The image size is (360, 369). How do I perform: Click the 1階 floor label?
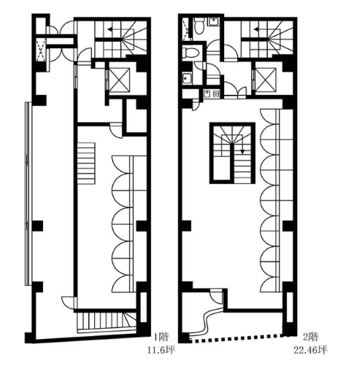(x=161, y=337)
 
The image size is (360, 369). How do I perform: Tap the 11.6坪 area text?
(x=161, y=350)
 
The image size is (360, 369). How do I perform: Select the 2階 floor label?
(x=310, y=337)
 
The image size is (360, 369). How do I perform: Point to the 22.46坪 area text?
(x=310, y=350)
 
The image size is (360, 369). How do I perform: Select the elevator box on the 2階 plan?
(x=265, y=79)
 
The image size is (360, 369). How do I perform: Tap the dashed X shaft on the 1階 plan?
(x=41, y=50)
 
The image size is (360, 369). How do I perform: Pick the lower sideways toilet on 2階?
(x=191, y=53)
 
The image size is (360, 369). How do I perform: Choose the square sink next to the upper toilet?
(x=213, y=21)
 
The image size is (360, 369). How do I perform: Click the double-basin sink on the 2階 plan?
(x=211, y=93)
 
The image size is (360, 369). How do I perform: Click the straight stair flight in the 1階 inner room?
(x=86, y=163)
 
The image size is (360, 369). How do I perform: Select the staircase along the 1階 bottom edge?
(x=107, y=322)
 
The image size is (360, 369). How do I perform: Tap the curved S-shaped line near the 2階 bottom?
(x=208, y=322)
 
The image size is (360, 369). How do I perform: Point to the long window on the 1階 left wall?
(x=28, y=193)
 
